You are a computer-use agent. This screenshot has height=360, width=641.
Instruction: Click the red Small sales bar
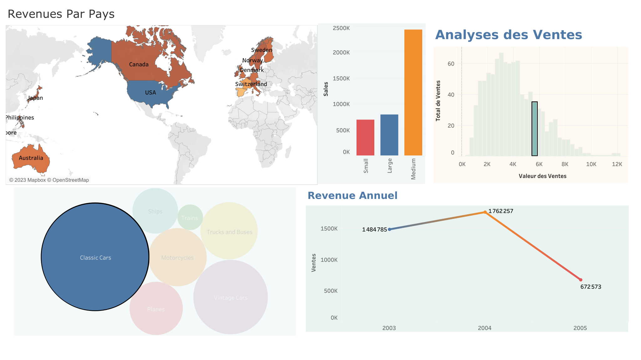pyautogui.click(x=365, y=137)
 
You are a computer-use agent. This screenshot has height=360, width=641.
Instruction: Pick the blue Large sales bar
pyautogui.click(x=389, y=135)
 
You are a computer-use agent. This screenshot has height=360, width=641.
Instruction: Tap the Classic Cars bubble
pyautogui.click(x=95, y=257)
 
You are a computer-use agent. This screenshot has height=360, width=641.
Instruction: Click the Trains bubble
pyautogui.click(x=190, y=217)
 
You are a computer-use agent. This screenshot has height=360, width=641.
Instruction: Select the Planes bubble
pyautogui.click(x=156, y=309)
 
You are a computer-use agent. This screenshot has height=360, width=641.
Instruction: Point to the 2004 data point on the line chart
pyautogui.click(x=485, y=212)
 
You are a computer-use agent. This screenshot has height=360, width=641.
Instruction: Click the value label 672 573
pyautogui.click(x=591, y=286)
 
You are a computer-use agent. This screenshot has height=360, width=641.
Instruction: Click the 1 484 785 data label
pyautogui.click(x=374, y=230)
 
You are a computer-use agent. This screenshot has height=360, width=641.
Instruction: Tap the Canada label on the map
pyautogui.click(x=139, y=64)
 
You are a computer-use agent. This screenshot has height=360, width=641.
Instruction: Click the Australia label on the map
pyautogui.click(x=31, y=158)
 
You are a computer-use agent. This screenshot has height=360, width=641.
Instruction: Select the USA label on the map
pyautogui.click(x=150, y=93)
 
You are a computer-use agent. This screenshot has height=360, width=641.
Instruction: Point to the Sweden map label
pyautogui.click(x=262, y=50)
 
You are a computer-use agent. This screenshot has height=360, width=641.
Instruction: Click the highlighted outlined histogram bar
pyautogui.click(x=535, y=129)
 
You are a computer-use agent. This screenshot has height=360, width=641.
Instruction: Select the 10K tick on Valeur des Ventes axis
pyautogui.click(x=591, y=164)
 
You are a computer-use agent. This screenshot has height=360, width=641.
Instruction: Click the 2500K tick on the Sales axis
pyautogui.click(x=341, y=28)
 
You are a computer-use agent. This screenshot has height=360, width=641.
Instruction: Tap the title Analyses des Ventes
pyautogui.click(x=508, y=35)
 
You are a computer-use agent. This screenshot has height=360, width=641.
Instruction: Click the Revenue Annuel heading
pyautogui.click(x=352, y=195)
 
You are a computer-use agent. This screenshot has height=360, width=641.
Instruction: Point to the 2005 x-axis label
pyautogui.click(x=580, y=328)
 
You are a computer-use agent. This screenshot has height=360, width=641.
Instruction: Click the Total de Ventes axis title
pyautogui.click(x=438, y=101)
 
